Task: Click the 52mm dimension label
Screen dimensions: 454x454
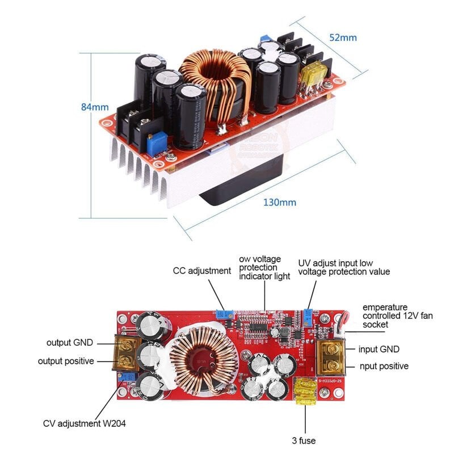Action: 343,37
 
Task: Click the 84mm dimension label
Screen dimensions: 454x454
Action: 95,107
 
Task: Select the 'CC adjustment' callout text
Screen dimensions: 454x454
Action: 202,271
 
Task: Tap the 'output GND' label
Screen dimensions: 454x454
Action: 71,342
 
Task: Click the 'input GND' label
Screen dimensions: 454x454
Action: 379,349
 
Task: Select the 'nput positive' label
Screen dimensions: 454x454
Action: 383,366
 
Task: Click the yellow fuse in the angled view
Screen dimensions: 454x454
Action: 312,76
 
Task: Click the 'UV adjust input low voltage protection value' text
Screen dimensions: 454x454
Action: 344,267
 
